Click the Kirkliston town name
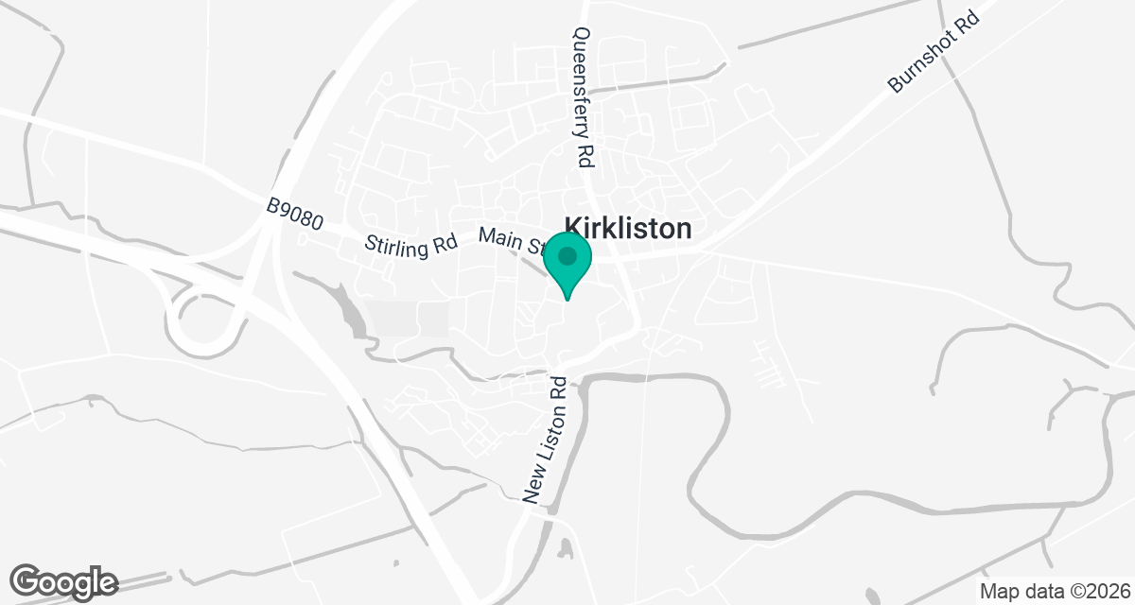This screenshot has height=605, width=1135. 628,229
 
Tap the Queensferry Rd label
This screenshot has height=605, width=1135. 582,97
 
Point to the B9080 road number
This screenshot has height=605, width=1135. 295,215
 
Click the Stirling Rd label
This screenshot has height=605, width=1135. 411,243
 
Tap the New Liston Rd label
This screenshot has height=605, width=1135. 546,440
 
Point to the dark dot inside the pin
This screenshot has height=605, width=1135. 567,256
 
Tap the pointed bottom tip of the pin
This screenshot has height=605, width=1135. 567,300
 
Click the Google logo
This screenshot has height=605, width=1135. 64,581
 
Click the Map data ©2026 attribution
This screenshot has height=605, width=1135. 1054,592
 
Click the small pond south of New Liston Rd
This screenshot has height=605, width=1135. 565,547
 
